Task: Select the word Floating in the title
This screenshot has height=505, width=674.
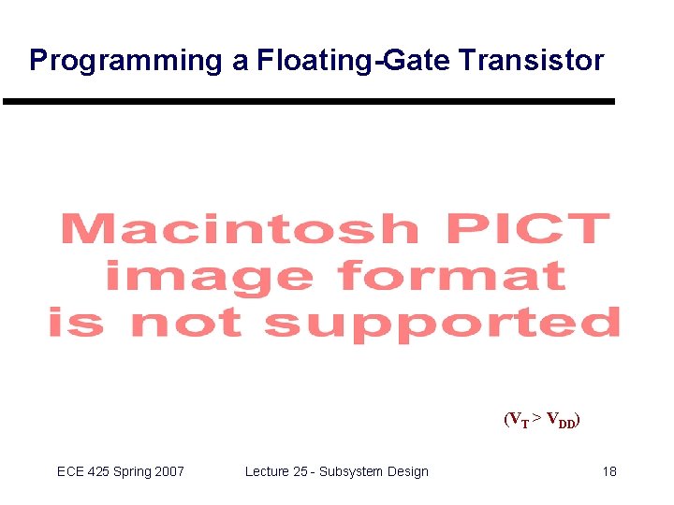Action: pyautogui.click(x=310, y=61)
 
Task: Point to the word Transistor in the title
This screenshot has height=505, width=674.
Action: pyautogui.click(x=532, y=61)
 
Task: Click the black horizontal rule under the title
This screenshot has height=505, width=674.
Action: pyautogui.click(x=309, y=101)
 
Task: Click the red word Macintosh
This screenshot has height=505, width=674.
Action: pyautogui.click(x=240, y=230)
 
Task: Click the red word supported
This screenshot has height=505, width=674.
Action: pyautogui.click(x=442, y=325)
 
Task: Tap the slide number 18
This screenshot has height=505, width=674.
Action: pyautogui.click(x=609, y=471)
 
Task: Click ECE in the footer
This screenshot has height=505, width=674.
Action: pyautogui.click(x=71, y=471)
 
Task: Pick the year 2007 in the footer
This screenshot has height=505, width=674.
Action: pyautogui.click(x=168, y=471)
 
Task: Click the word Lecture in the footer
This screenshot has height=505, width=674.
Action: pyautogui.click(x=268, y=471)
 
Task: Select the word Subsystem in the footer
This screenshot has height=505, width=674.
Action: pyautogui.click(x=350, y=471)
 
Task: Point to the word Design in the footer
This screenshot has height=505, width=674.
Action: pyautogui.click(x=407, y=471)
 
